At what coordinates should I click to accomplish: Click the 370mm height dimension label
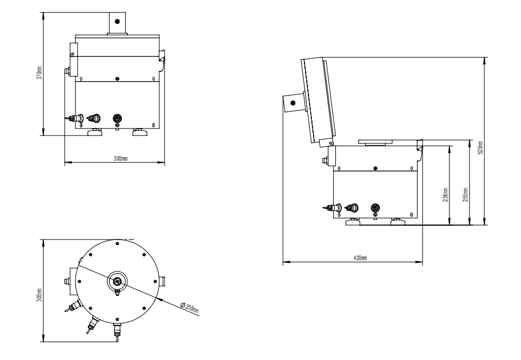click(39, 75)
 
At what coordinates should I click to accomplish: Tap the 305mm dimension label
click(39, 293)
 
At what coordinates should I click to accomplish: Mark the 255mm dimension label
click(465, 195)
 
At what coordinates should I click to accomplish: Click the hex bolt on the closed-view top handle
click(117, 21)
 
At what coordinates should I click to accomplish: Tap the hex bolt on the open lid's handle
click(293, 103)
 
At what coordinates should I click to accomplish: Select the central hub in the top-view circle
click(117, 281)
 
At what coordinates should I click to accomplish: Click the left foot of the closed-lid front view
click(95, 133)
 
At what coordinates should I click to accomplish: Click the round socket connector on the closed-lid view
click(117, 118)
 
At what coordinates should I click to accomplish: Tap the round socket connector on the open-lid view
click(375, 209)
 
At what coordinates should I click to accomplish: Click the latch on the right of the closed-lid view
click(162, 57)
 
